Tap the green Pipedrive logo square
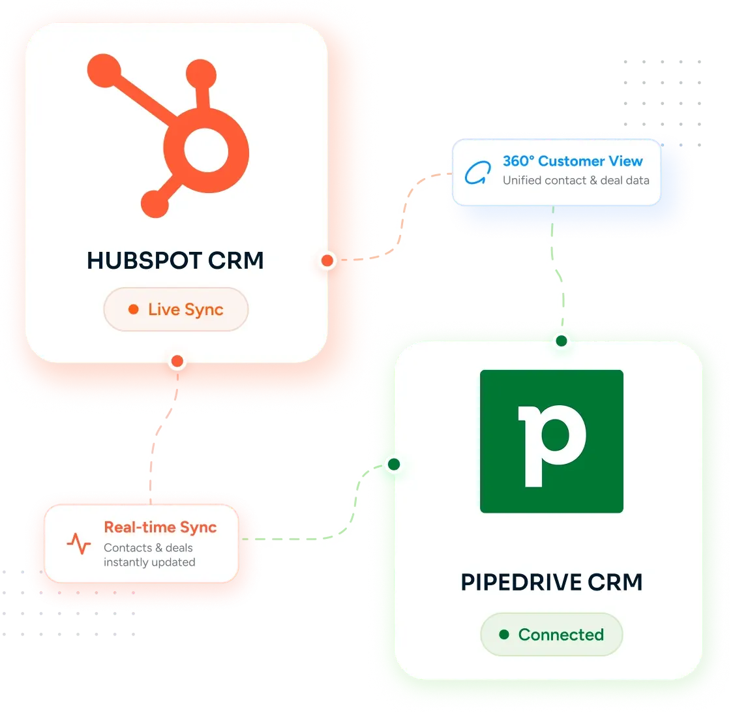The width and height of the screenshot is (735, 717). [551, 441]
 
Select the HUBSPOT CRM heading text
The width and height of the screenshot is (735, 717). [175, 260]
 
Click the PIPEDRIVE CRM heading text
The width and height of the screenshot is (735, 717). [551, 582]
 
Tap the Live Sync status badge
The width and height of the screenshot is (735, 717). [176, 309]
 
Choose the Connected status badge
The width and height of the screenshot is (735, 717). [551, 634]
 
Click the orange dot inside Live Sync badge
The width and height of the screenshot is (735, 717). [134, 309]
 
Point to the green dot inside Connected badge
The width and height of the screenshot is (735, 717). [504, 634]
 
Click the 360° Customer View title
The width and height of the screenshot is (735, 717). [573, 161]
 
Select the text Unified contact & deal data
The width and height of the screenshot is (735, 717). [576, 181]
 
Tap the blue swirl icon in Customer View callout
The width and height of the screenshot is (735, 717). [478, 173]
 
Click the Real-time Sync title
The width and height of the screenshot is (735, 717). [160, 528]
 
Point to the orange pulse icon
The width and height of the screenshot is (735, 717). [79, 544]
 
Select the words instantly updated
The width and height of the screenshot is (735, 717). [149, 562]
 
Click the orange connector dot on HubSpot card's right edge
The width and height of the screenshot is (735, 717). [327, 260]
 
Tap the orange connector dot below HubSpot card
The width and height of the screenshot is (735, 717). [177, 361]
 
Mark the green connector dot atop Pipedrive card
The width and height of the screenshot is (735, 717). [561, 341]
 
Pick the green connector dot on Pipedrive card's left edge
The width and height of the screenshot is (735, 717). [394, 465]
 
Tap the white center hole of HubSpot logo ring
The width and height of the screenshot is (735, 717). [206, 150]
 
